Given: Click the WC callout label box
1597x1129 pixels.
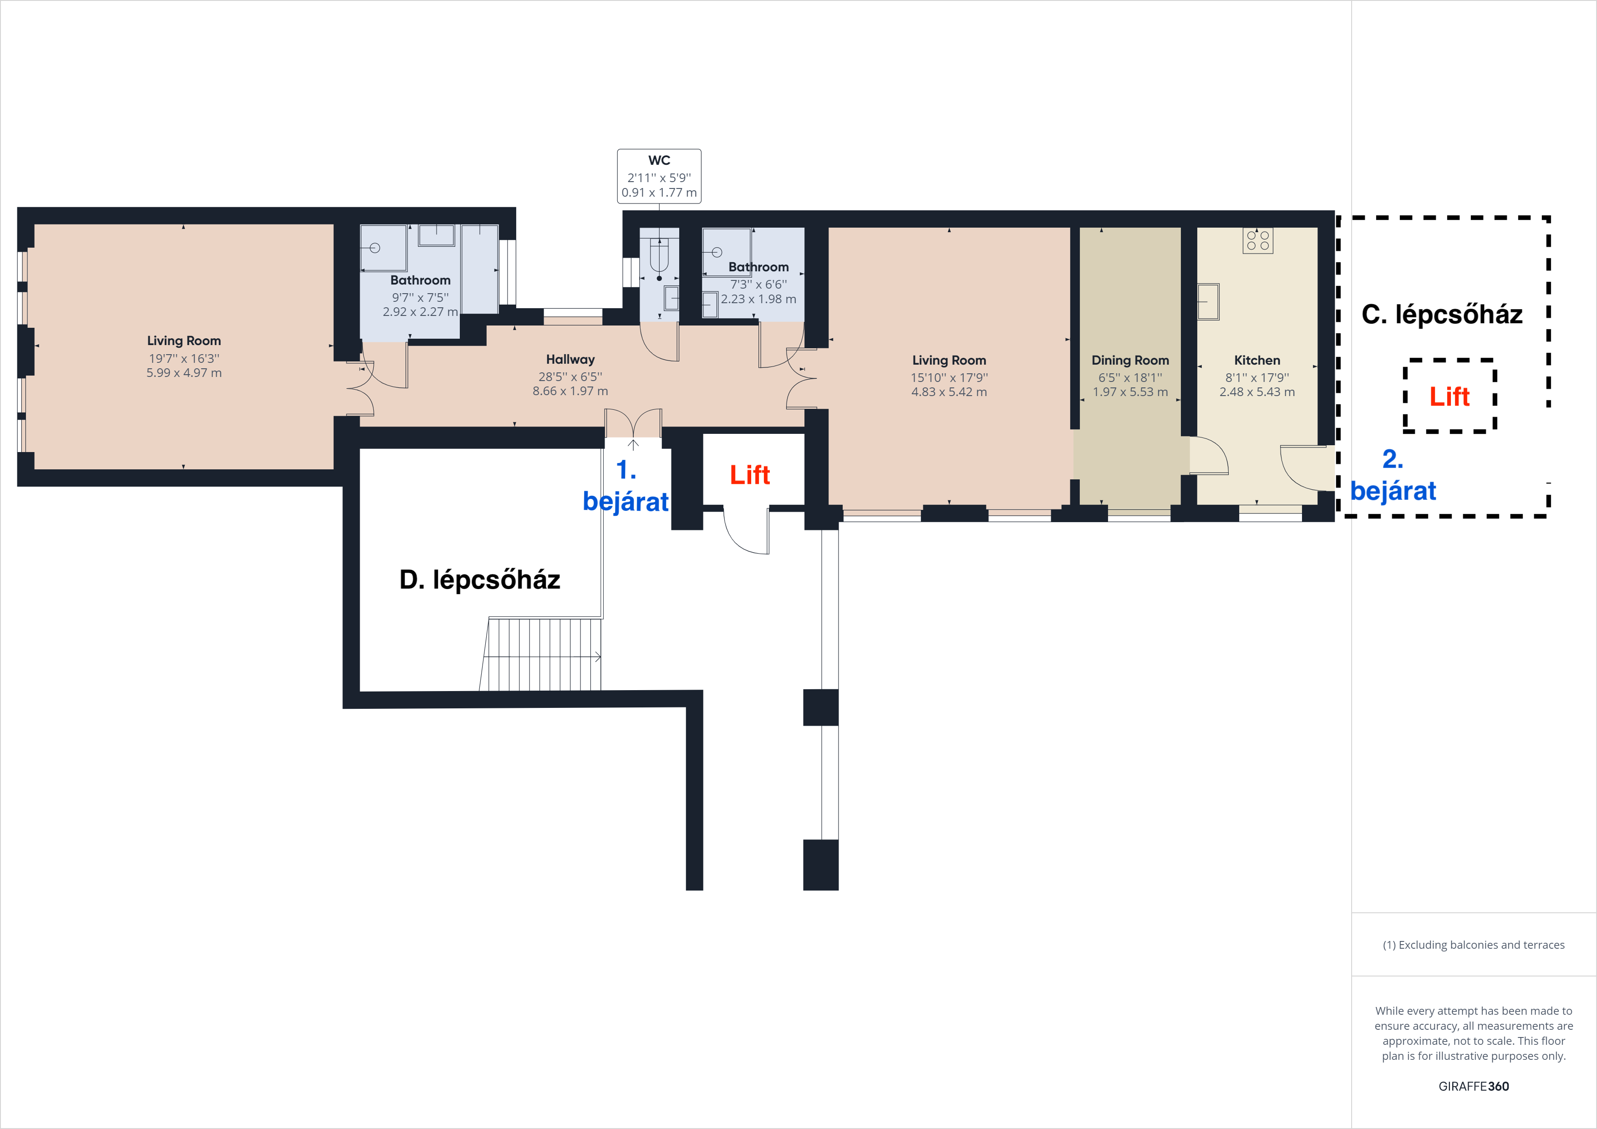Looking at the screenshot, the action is [659, 176].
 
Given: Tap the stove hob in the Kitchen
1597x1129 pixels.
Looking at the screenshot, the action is [1257, 241].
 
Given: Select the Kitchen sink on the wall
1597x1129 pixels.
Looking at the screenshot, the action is [1208, 302].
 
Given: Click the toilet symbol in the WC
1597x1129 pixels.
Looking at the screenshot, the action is [659, 256].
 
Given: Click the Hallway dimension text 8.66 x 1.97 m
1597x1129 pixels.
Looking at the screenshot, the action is [570, 391].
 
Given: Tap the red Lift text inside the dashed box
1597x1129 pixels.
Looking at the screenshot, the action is [1449, 397].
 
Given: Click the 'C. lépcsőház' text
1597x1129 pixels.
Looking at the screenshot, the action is [1441, 315].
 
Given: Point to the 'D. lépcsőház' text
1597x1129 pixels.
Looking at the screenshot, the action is [479, 580].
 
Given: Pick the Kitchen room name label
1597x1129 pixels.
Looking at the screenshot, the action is [1257, 361].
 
